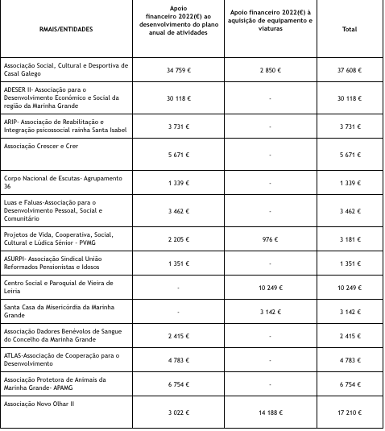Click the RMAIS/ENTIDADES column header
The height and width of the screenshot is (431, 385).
(x=66, y=29)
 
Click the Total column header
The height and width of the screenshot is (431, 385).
(x=349, y=29)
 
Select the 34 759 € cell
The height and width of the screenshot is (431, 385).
(x=178, y=70)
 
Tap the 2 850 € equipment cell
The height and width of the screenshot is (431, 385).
(x=269, y=70)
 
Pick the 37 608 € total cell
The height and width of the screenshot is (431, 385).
(x=349, y=70)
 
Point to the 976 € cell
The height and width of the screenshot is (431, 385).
(x=269, y=239)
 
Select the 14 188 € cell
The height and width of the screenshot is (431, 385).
(x=269, y=413)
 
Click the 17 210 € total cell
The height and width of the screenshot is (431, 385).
(x=349, y=413)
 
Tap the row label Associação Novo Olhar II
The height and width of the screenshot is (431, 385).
(x=39, y=404)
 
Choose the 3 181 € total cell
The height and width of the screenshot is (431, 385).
(x=349, y=239)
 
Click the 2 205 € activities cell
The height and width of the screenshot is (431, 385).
(x=178, y=239)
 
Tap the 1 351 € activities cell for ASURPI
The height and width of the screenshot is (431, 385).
(x=178, y=263)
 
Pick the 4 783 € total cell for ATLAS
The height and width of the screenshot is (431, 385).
(x=349, y=360)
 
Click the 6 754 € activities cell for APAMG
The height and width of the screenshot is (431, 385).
(x=178, y=385)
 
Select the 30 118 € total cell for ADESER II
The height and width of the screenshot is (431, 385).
(x=349, y=98)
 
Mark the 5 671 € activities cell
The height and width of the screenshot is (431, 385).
(x=178, y=155)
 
